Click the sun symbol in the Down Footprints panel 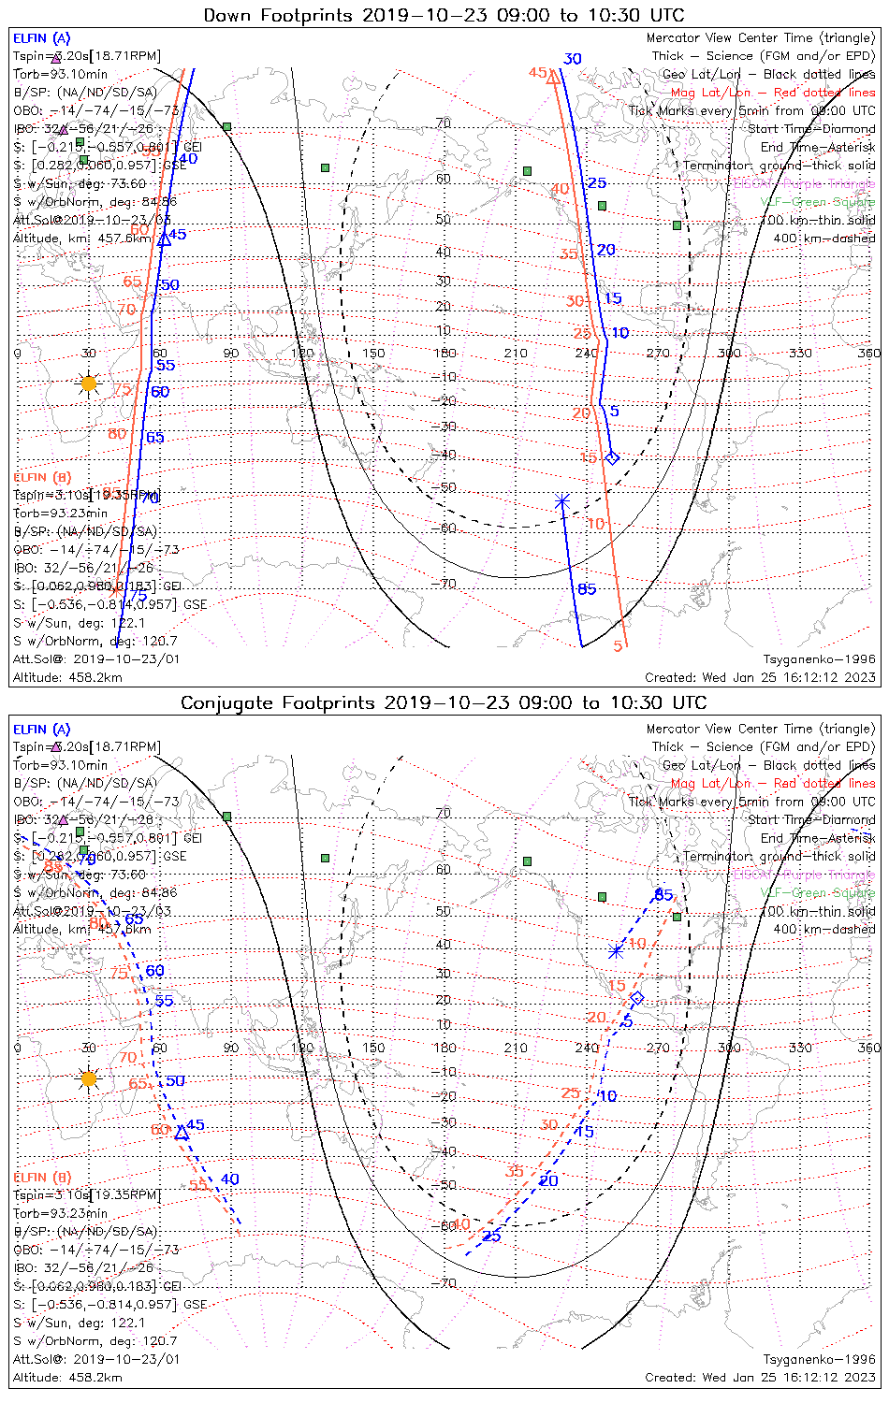[89, 383]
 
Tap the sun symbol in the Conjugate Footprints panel [89, 1078]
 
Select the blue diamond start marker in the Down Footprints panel [612, 457]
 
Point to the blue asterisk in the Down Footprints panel [562, 501]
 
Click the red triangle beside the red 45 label [553, 77]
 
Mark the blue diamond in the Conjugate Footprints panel [637, 998]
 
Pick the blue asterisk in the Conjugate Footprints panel [616, 951]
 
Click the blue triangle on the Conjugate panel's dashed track [182, 1133]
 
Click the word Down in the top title [230, 15]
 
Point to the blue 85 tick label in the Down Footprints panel [587, 588]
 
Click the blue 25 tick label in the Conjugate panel [491, 1237]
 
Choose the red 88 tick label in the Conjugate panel [53, 866]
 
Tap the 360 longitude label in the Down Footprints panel [868, 353]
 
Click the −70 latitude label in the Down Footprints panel [443, 584]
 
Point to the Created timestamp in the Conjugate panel [760, 1377]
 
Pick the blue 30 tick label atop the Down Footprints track [572, 59]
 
